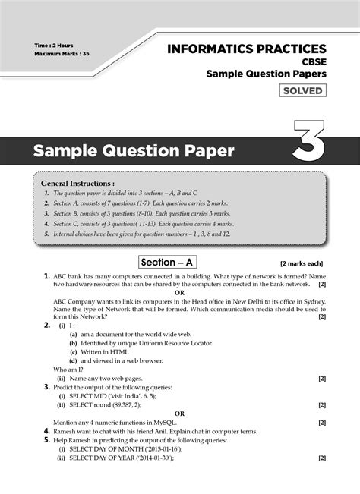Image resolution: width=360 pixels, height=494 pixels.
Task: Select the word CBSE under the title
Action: [312, 62]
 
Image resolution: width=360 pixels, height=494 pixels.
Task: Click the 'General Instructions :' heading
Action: [77, 184]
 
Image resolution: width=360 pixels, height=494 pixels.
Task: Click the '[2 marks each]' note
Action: [302, 263]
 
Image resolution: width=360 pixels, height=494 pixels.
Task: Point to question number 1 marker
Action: [46, 275]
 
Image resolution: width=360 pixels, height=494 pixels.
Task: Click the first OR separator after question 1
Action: [180, 292]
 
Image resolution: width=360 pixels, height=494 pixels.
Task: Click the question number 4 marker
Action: [46, 431]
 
